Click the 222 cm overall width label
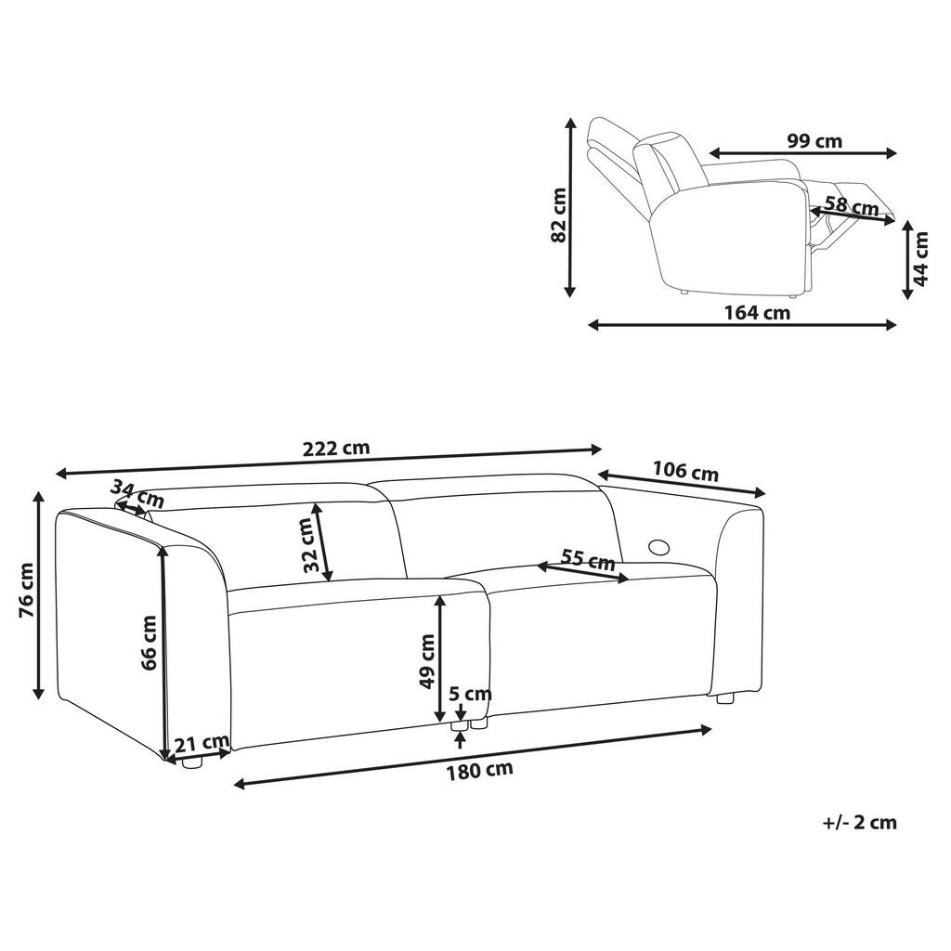[x=336, y=448]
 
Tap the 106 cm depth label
[x=685, y=472]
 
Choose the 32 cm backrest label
[x=307, y=544]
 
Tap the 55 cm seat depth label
[x=588, y=559]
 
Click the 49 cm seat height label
[x=427, y=660]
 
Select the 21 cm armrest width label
[x=202, y=742]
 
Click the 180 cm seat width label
[x=478, y=769]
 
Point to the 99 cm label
[x=814, y=141]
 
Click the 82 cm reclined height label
[x=559, y=215]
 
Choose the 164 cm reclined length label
[x=757, y=313]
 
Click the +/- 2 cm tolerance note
[x=859, y=822]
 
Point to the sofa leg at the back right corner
[x=725, y=697]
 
